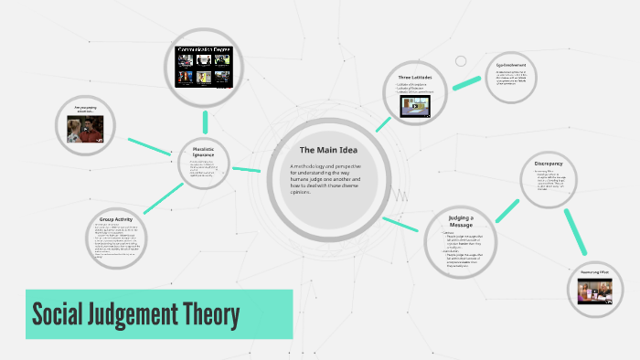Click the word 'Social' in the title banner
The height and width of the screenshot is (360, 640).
59,315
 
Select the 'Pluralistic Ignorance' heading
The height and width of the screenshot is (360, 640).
203,153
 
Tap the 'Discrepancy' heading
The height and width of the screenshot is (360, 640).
548,164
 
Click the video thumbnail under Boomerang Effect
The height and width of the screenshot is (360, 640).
594,291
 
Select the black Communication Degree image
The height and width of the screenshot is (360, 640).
205,66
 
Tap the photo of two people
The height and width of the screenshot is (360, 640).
86,128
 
